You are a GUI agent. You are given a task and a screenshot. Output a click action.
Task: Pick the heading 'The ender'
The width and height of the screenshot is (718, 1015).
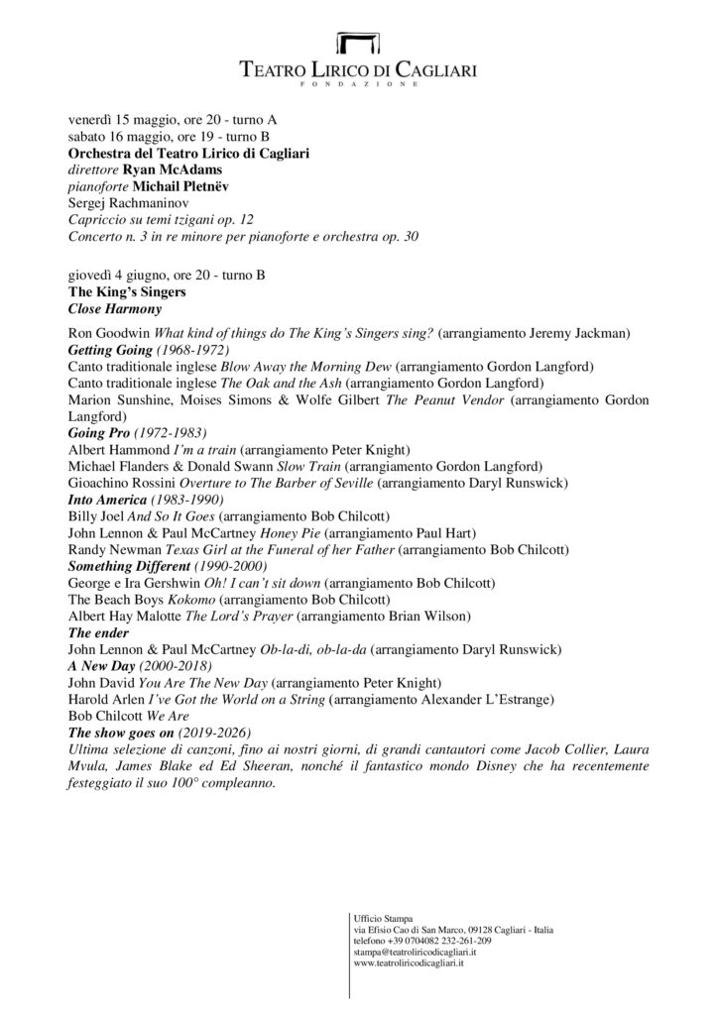point(99,632)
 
